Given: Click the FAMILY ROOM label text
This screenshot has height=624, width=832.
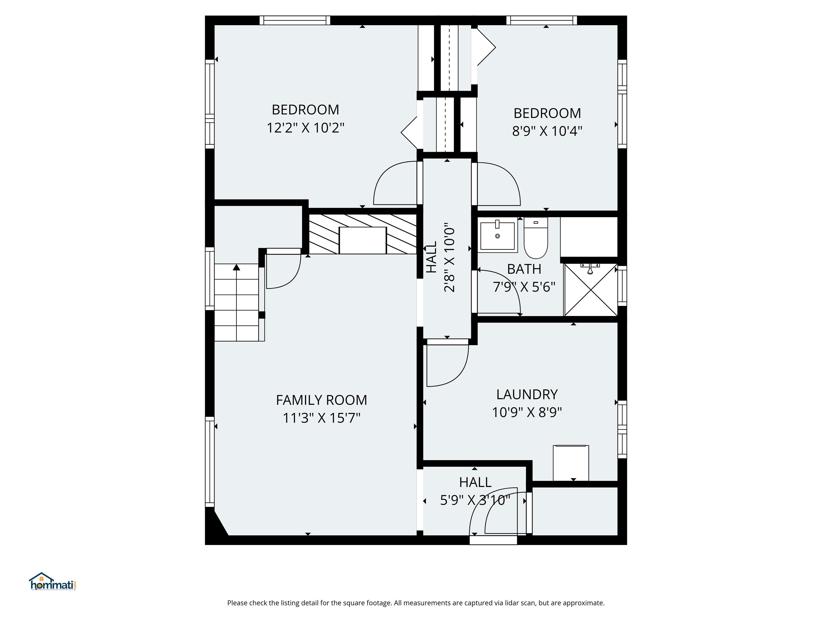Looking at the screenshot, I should click(321, 400).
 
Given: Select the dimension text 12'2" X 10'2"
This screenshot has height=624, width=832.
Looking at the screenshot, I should click(305, 128).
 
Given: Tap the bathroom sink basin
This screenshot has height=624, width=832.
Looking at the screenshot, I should click(497, 236).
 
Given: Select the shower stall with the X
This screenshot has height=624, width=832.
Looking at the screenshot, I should click(590, 290).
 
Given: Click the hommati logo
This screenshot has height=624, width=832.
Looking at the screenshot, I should click(53, 582).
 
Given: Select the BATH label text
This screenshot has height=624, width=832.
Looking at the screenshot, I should click(524, 269).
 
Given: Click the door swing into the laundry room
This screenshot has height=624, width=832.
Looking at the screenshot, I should click(448, 365).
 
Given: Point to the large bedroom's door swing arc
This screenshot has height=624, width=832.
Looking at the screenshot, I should click(391, 181).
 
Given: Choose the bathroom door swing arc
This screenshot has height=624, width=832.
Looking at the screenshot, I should click(504, 290).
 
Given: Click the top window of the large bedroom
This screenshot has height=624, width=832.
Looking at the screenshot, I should click(295, 20).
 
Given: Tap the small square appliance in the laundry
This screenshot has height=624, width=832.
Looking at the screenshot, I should click(571, 463).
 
